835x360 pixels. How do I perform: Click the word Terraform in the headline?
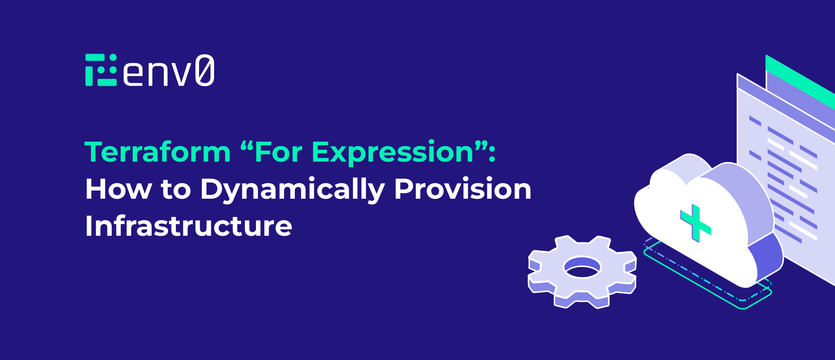[x=157, y=152]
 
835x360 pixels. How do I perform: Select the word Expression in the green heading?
[x=392, y=152]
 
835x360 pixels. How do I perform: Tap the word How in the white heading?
[x=119, y=190]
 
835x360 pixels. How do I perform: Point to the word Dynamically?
[x=292, y=190]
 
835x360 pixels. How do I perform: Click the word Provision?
[x=463, y=190]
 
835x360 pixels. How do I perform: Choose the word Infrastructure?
[x=189, y=226]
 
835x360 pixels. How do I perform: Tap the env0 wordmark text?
[x=168, y=71]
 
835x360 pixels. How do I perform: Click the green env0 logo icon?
[x=101, y=70]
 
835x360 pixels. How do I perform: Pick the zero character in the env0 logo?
[x=205, y=70]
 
